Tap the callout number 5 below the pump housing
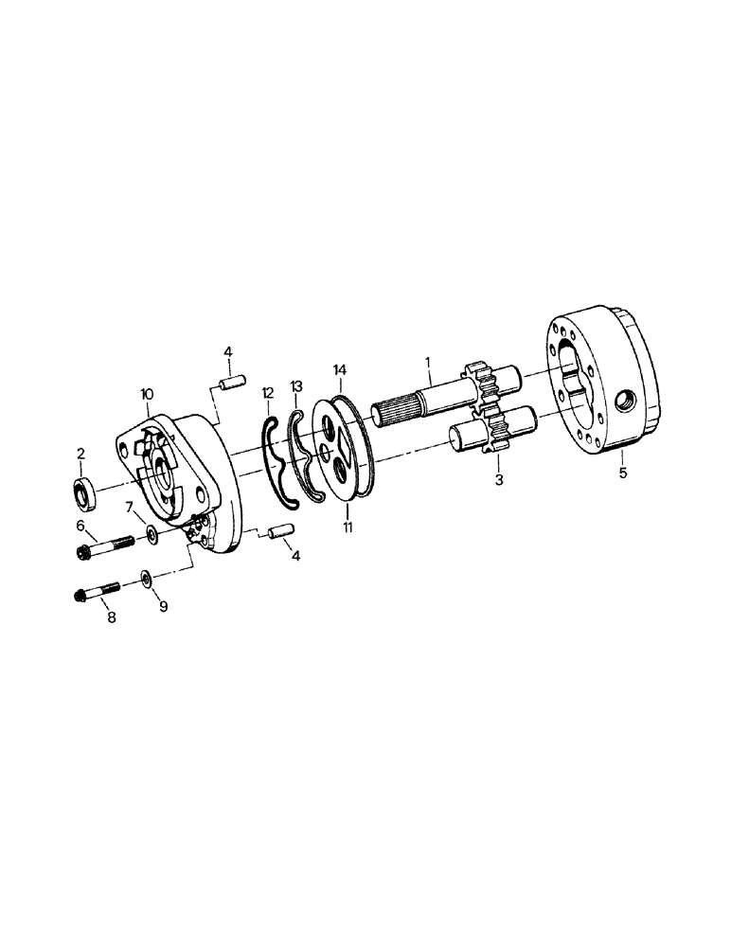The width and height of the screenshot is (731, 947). (622, 473)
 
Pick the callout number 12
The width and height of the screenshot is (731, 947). (268, 392)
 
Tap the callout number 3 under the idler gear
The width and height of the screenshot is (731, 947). (498, 481)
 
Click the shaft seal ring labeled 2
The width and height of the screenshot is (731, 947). (85, 492)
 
